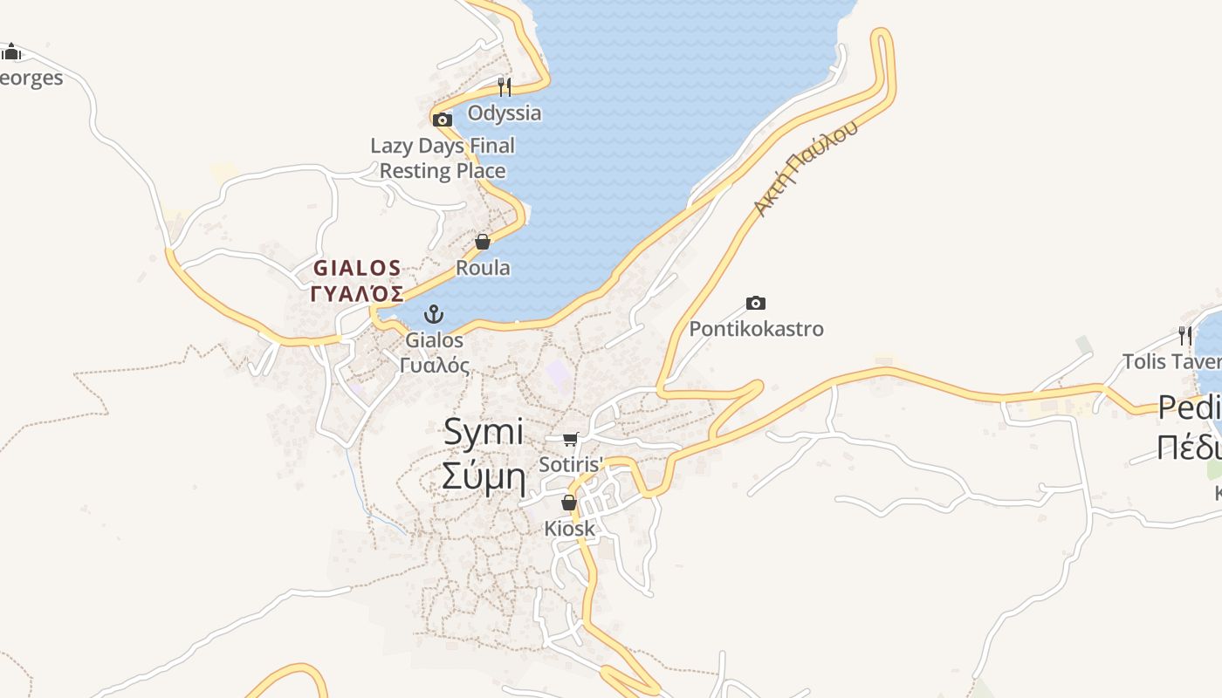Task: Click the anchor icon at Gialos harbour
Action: pyautogui.click(x=434, y=314)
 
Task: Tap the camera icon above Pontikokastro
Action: pyautogui.click(x=756, y=304)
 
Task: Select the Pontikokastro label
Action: pyautogui.click(x=756, y=329)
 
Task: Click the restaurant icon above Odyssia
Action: pyautogui.click(x=504, y=86)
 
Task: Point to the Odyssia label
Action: pyautogui.click(x=504, y=113)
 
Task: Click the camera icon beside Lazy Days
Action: pyautogui.click(x=443, y=120)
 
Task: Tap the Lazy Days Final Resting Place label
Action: pyautogui.click(x=443, y=158)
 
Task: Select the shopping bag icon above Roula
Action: pyautogui.click(x=483, y=242)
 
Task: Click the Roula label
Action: pyautogui.click(x=483, y=268)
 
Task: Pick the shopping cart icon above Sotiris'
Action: pyautogui.click(x=571, y=439)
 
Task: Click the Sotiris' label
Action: pyautogui.click(x=571, y=464)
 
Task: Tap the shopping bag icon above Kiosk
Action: pyautogui.click(x=569, y=503)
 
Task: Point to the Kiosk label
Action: pyautogui.click(x=569, y=528)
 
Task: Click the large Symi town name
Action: pyautogui.click(x=484, y=433)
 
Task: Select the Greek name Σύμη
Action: pyautogui.click(x=484, y=477)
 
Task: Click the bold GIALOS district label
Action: pyautogui.click(x=357, y=268)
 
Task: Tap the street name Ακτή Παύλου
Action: pyautogui.click(x=806, y=168)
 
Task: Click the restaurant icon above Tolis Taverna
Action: pyautogui.click(x=1184, y=335)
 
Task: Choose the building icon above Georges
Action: pyautogui.click(x=10, y=52)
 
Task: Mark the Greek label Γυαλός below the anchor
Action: pyautogui.click(x=434, y=365)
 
